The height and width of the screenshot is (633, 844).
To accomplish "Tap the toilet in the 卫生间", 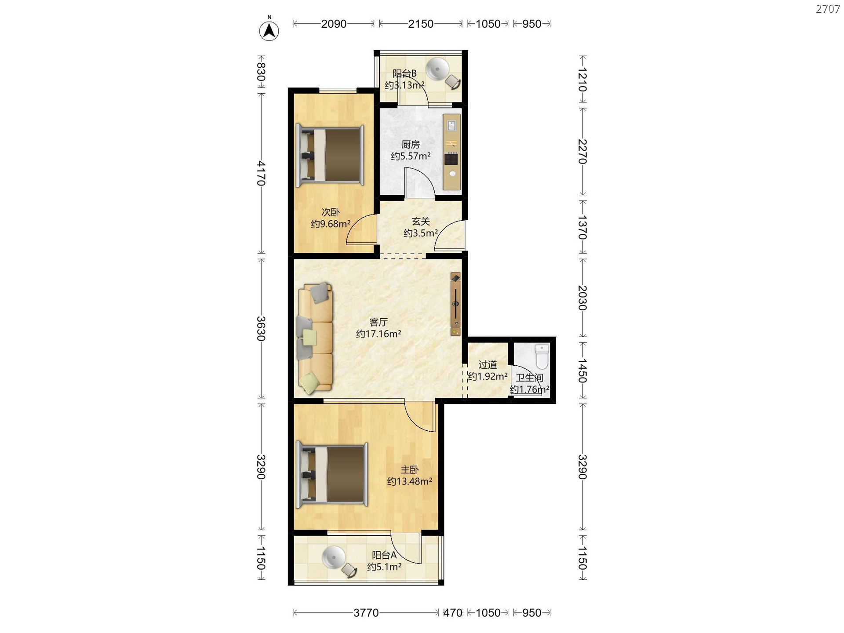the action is tap(542, 357).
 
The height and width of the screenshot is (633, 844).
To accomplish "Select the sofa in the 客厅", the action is tap(315, 338).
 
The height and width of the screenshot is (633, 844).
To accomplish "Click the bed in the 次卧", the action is tap(330, 155).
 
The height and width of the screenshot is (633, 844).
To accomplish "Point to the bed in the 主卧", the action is tap(332, 475).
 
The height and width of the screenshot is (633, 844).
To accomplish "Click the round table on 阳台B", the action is tap(437, 69).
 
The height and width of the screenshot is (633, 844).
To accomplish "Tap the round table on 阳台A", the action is tap(334, 558).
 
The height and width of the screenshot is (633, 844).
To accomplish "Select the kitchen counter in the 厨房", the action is tap(452, 152).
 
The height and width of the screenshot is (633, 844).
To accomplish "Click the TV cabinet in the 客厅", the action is tap(456, 304).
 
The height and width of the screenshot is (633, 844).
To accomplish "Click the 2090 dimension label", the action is tap(334, 24).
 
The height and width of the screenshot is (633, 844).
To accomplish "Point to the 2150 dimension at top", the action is tap(421, 24).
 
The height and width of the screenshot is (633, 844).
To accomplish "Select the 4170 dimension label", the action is tap(262, 173).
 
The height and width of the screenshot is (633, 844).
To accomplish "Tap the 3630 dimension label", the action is tap(262, 328).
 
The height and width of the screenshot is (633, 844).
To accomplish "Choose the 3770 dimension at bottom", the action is tap(366, 613).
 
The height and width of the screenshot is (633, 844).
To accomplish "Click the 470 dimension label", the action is tap(453, 613).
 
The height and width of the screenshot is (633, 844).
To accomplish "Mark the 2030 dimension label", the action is tap(582, 298).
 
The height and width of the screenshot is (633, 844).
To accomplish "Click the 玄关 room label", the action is tap(421, 222).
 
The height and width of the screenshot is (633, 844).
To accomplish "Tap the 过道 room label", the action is tap(487, 364).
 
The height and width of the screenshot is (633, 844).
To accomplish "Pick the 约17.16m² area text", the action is tap(378, 334).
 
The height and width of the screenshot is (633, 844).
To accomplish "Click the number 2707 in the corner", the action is tap(828, 9).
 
